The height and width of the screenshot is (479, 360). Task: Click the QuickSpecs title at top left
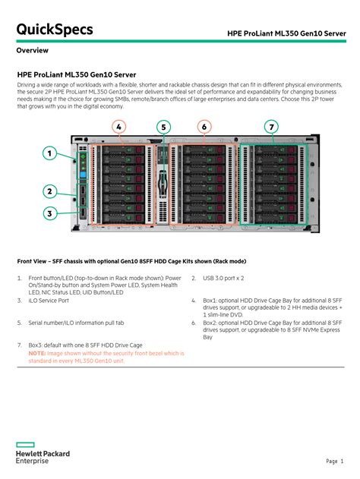pyautogui.click(x=55, y=30)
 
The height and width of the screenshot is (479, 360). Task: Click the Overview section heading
pyautogui.click(x=33, y=51)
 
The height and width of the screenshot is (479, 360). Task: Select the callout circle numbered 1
pyautogui.click(x=49, y=153)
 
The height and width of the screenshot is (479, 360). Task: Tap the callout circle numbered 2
pyautogui.click(x=49, y=191)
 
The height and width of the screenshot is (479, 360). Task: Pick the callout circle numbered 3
pyautogui.click(x=49, y=214)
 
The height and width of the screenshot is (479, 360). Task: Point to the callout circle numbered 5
pyautogui.click(x=163, y=126)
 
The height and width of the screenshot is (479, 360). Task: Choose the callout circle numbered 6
pyautogui.click(x=204, y=126)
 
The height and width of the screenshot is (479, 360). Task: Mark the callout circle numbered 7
pyautogui.click(x=271, y=126)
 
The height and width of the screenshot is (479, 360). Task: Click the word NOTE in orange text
pyautogui.click(x=37, y=353)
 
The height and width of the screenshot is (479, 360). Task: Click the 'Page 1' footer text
pyautogui.click(x=335, y=461)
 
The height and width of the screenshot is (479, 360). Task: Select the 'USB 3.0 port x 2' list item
pyautogui.click(x=224, y=279)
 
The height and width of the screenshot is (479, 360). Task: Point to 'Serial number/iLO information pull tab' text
pyautogui.click(x=76, y=323)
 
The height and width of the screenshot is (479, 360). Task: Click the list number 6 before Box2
pyautogui.click(x=194, y=323)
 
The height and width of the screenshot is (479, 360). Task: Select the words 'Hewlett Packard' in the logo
pyautogui.click(x=43, y=454)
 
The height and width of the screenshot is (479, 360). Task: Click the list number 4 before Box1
pyautogui.click(x=194, y=301)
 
